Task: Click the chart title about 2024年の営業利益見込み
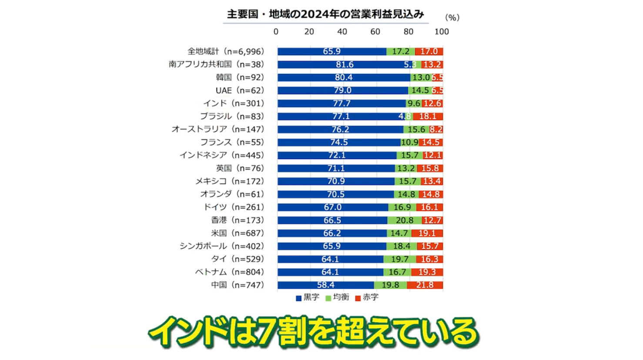coord(325,14)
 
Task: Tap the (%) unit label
coord(452,17)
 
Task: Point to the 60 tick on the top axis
coord(375,32)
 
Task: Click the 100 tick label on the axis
coord(442,32)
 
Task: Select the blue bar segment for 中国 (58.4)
coord(325,285)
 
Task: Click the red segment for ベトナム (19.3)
coord(427,272)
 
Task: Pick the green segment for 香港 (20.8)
coord(405,220)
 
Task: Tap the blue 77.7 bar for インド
coord(342,104)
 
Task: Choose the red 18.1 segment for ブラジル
coord(428,116)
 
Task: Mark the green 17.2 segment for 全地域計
coord(400,52)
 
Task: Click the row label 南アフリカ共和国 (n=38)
coord(216,64)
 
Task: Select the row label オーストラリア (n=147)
coord(218,129)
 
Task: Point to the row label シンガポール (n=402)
coord(221,246)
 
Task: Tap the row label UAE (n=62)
coord(240,91)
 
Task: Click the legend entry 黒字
coord(308,297)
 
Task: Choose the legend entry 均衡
coord(337,297)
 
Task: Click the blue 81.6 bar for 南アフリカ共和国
coord(344,64)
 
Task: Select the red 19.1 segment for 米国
coord(427,233)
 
